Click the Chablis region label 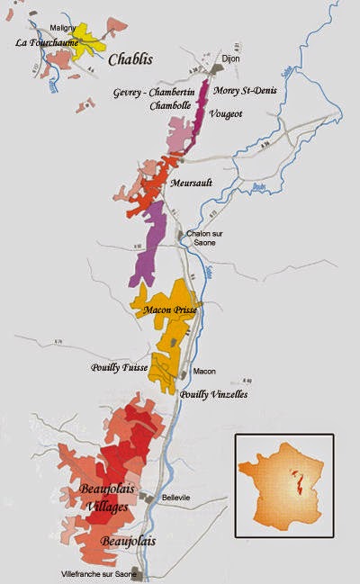(130, 59)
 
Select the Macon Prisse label (169, 310)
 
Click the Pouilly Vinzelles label (213, 394)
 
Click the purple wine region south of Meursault (149, 243)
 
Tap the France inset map (283, 485)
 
